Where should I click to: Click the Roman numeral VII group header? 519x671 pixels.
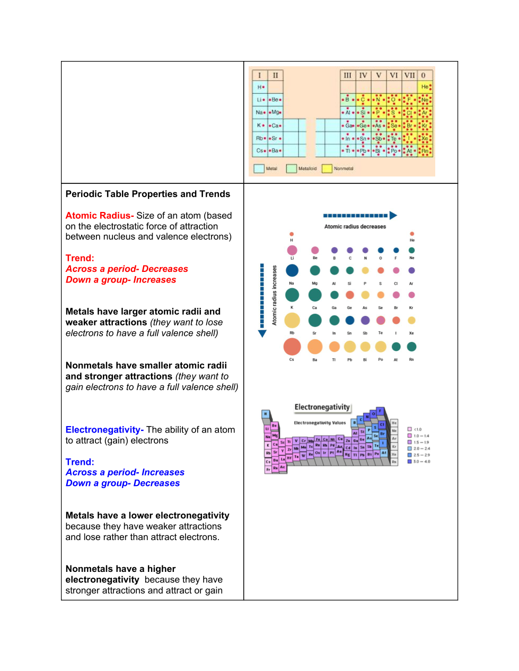(x=409, y=75)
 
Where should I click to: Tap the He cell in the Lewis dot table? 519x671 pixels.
(x=425, y=86)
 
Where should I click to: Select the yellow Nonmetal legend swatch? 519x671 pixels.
(x=327, y=169)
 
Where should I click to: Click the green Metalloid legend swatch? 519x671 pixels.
(x=291, y=169)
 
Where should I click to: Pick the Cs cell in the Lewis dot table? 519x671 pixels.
(x=260, y=151)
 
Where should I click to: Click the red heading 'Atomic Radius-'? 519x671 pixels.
(x=100, y=216)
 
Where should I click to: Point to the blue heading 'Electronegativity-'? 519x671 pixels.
(x=104, y=430)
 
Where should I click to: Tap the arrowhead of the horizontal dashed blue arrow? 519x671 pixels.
(x=393, y=216)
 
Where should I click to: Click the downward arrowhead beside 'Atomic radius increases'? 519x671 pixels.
(x=262, y=334)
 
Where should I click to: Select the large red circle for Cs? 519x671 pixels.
(x=292, y=347)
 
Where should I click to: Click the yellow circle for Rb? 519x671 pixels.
(x=292, y=320)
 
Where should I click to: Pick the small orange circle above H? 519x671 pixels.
(x=292, y=234)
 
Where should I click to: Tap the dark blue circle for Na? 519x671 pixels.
(x=292, y=270)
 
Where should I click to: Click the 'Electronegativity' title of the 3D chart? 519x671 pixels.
(x=322, y=407)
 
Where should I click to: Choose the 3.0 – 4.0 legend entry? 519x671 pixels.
(x=419, y=462)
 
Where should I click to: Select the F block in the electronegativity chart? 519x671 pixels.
(x=380, y=411)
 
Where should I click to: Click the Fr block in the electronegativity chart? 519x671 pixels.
(x=268, y=469)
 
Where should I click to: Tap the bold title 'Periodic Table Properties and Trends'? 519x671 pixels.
(x=148, y=194)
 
